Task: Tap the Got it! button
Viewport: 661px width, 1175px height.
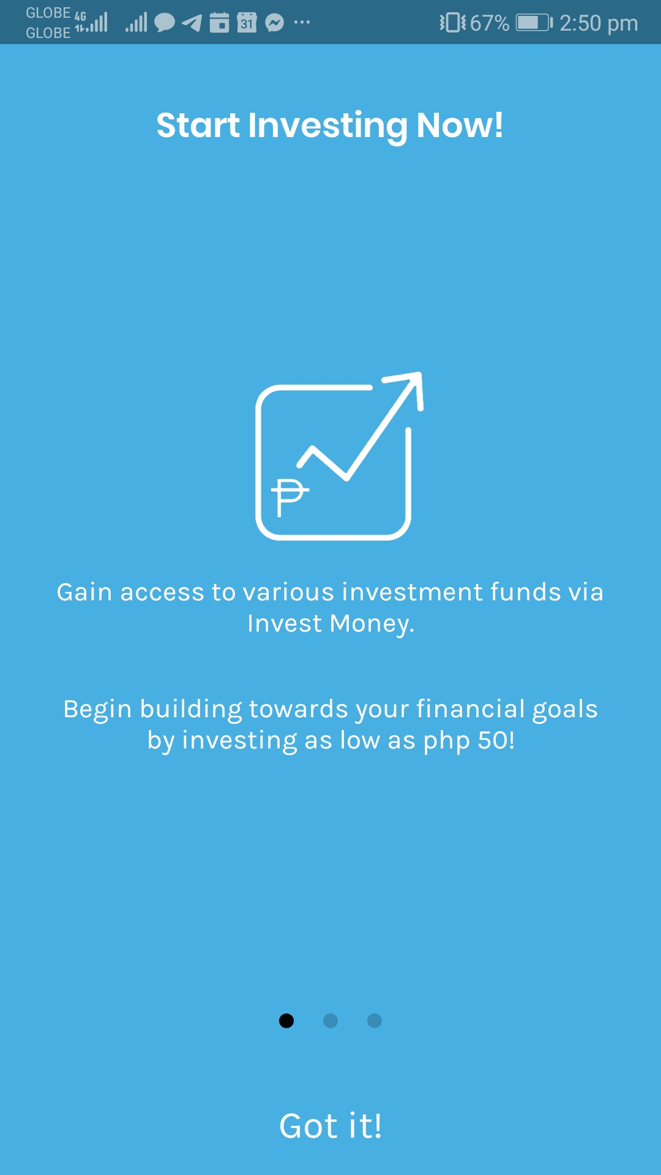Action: pos(330,1126)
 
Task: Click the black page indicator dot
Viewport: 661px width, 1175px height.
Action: pos(286,1021)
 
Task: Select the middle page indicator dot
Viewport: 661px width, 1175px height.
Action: pos(330,1021)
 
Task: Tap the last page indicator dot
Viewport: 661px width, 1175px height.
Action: pos(375,1021)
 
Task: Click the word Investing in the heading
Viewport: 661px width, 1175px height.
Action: pos(327,127)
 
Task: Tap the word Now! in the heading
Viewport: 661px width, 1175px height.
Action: pos(460,125)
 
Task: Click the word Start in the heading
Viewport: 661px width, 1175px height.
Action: pos(198,125)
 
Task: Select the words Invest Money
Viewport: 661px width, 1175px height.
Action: pos(330,624)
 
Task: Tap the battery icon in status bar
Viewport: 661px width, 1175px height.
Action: pos(534,23)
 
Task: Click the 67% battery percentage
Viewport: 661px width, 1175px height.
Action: pos(490,23)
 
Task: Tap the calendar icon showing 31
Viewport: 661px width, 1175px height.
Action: pos(247,23)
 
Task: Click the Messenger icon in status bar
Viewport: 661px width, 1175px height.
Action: pos(275,23)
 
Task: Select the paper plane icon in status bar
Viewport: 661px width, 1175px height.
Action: pos(192,23)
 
